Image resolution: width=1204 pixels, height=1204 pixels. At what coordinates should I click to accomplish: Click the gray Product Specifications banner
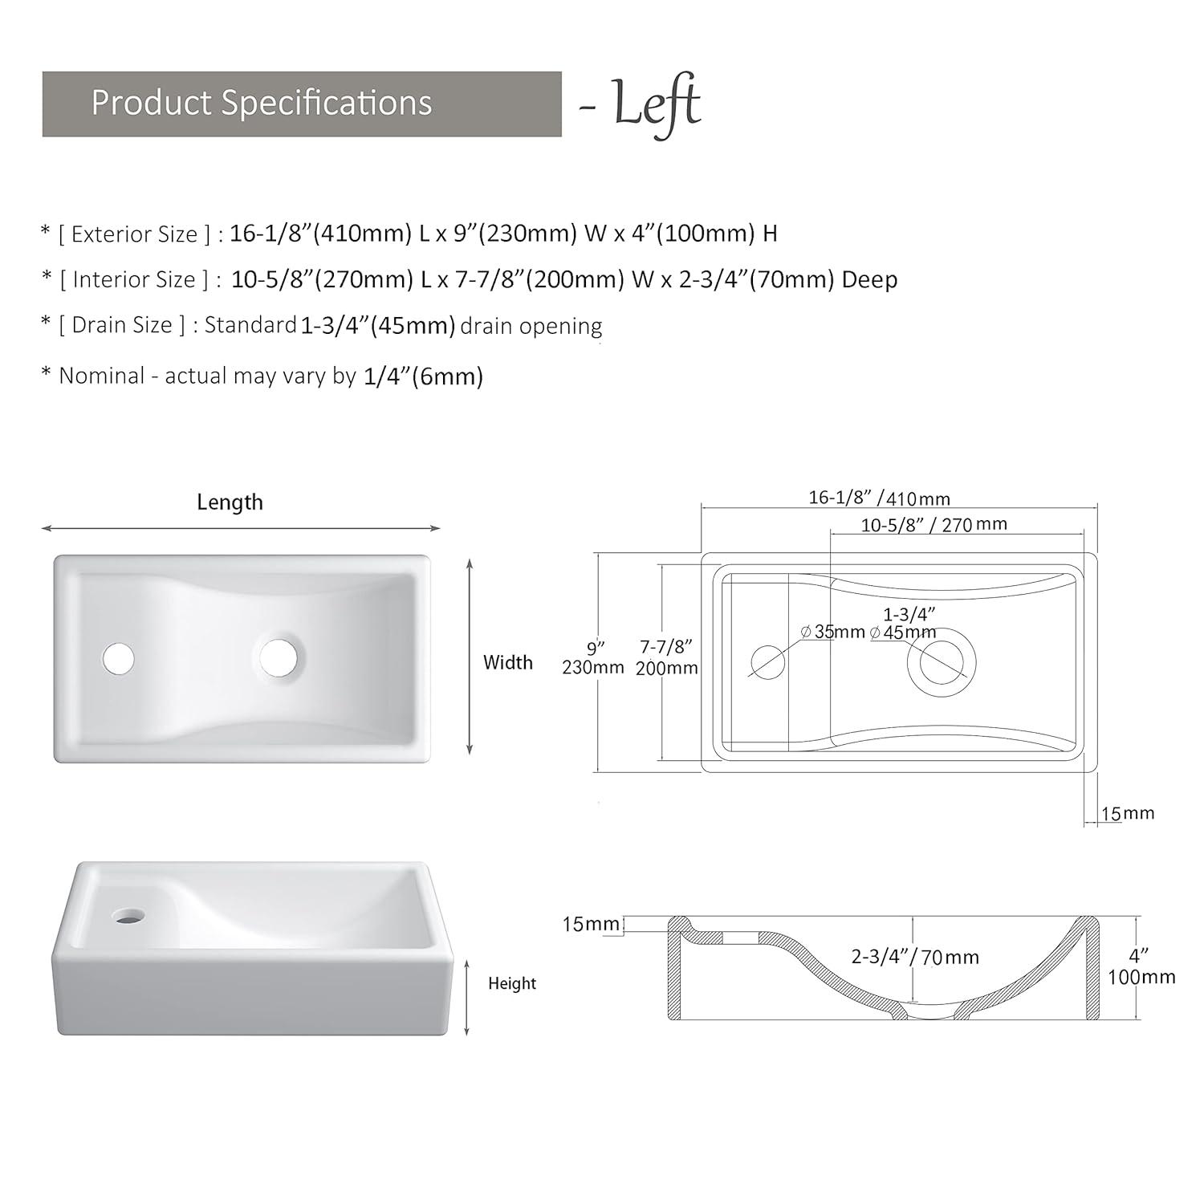tap(302, 104)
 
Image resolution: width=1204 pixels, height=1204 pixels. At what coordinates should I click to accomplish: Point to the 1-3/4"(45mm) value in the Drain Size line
tap(378, 326)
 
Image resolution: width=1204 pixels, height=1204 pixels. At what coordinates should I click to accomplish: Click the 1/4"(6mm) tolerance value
tap(423, 376)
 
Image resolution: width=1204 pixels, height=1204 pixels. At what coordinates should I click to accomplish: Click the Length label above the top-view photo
tap(230, 502)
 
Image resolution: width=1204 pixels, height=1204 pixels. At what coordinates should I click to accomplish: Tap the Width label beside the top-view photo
tap(508, 662)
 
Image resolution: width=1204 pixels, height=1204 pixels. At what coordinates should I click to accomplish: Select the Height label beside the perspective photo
tap(512, 983)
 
